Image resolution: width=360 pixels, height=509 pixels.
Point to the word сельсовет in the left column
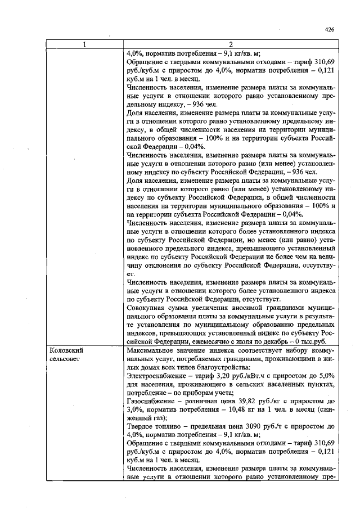[64, 358]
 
